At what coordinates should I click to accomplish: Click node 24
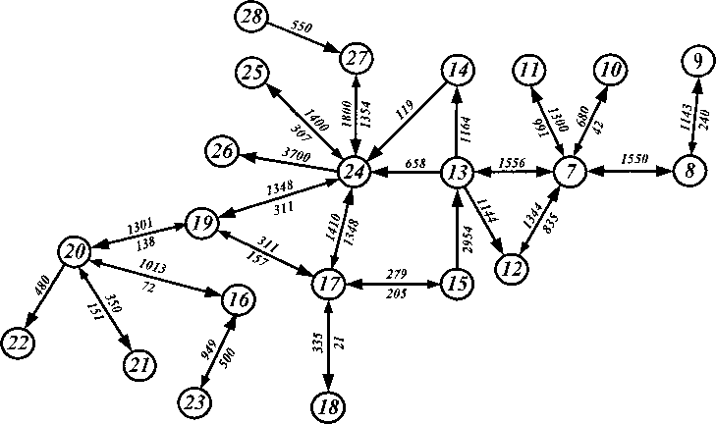(355, 171)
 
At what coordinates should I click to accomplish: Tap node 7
(571, 171)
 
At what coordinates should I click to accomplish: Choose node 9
(696, 62)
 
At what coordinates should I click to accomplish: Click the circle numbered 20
(74, 251)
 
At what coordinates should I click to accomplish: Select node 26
(220, 150)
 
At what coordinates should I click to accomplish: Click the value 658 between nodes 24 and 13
(414, 162)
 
